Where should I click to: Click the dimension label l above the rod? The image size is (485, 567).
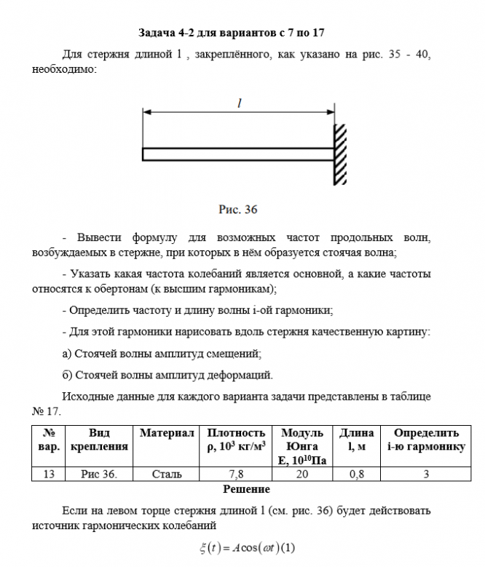click(x=239, y=104)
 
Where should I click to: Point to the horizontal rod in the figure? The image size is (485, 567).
click(x=238, y=154)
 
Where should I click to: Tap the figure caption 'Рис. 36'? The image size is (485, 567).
click(x=239, y=210)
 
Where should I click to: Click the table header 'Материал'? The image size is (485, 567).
click(x=167, y=433)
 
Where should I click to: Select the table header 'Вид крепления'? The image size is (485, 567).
click(x=98, y=440)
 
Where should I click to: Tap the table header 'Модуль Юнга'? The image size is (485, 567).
click(x=298, y=440)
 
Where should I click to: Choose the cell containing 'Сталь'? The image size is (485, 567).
click(x=167, y=475)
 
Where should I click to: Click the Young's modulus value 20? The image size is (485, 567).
click(x=298, y=475)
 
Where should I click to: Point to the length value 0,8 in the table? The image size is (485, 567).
click(x=357, y=475)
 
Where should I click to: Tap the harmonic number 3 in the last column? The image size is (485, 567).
click(x=426, y=475)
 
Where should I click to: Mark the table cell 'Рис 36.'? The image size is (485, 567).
click(x=98, y=475)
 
